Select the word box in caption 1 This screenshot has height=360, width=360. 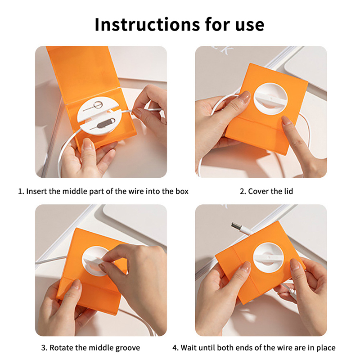click(182, 191)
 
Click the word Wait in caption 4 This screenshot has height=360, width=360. click(187, 347)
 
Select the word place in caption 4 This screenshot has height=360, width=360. click(326, 348)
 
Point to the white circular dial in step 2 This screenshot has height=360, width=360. click(270, 99)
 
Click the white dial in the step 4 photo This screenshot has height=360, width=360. click(268, 257)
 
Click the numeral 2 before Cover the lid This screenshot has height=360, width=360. click(242, 191)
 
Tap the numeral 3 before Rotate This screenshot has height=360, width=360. click(43, 347)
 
